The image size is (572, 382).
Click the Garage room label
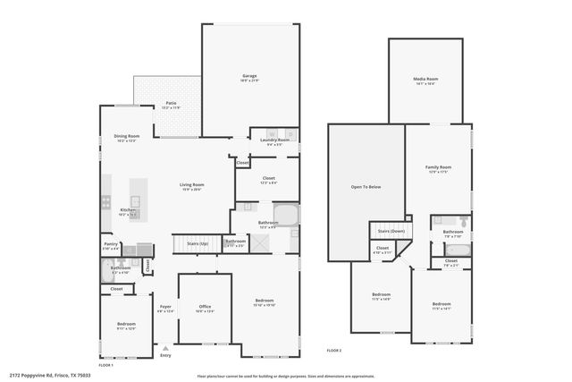pos(249,78)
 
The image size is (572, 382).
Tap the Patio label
pos(171,104)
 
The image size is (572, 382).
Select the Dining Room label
pos(127,137)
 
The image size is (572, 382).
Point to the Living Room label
pos(192,185)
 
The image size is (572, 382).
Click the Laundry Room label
pos(274,140)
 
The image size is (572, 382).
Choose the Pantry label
pos(111,243)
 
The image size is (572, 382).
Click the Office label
pos(205,308)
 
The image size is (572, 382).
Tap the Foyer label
pos(165,308)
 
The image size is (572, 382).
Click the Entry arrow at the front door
pos(164,346)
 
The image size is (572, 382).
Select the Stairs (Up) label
pos(198,243)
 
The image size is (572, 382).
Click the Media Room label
pos(425,80)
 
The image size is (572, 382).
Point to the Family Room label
pos(437,167)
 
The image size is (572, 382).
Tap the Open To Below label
pos(365,187)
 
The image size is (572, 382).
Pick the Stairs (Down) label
pos(387,231)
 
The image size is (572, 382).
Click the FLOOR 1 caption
pos(106,366)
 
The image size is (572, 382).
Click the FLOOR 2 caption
pos(334,350)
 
